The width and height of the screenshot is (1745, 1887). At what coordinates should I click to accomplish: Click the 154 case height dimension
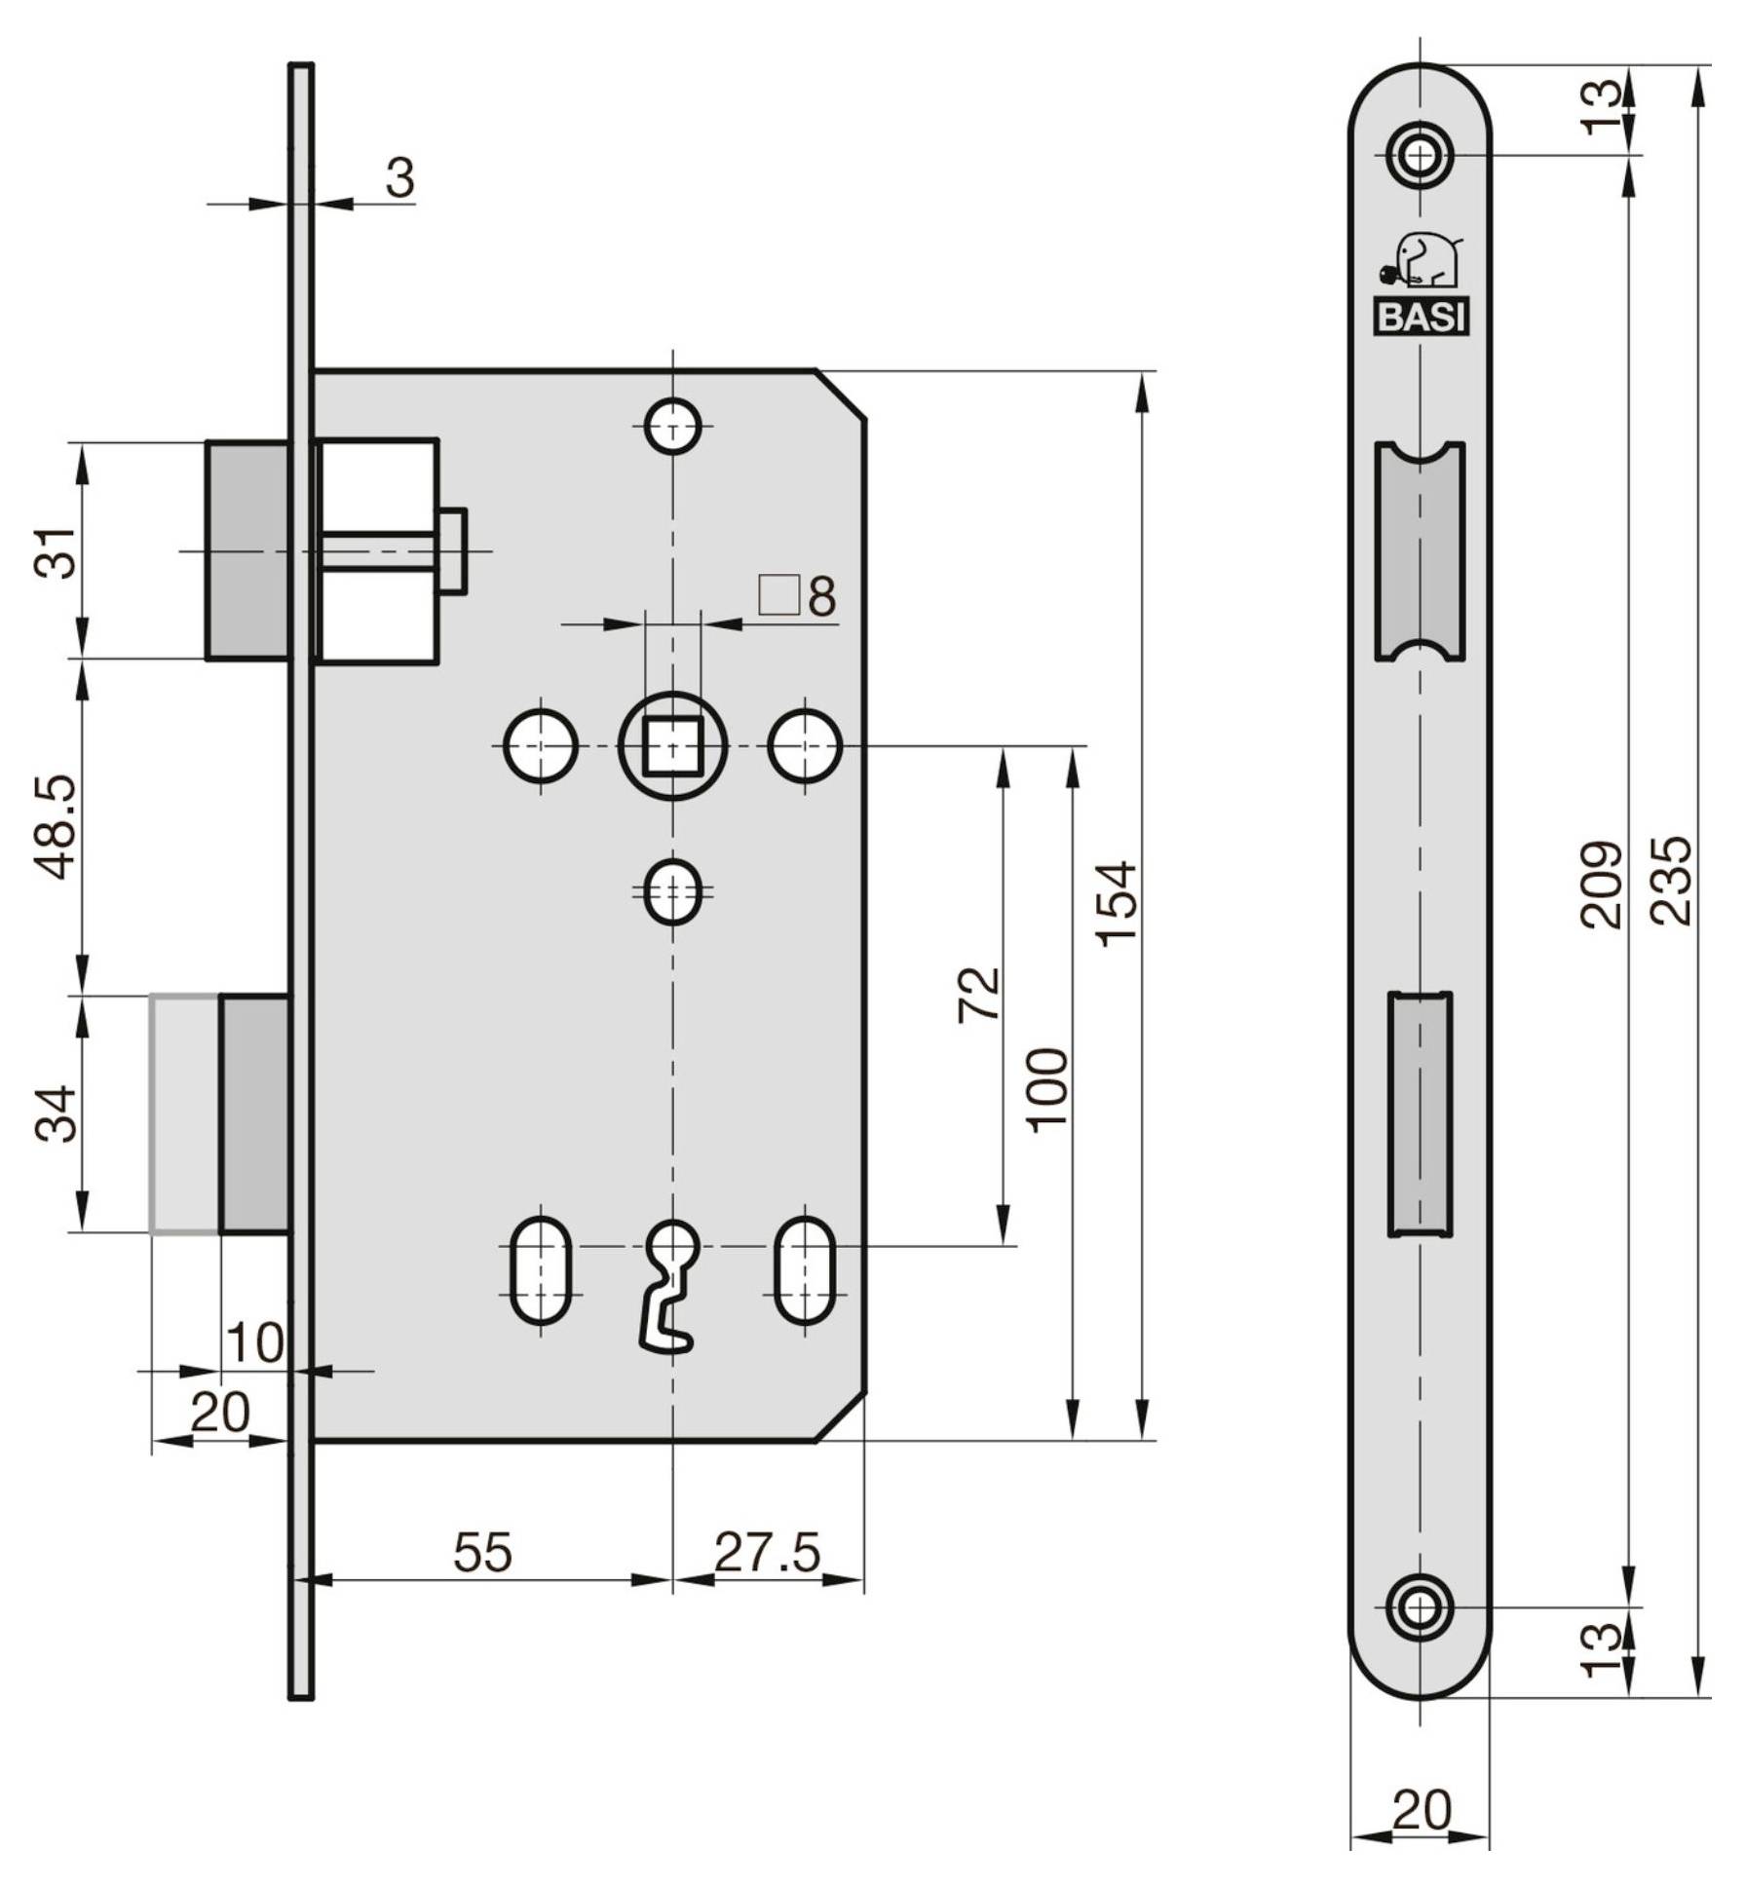[x=1117, y=902]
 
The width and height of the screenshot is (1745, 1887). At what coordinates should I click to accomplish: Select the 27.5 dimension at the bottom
[x=768, y=1552]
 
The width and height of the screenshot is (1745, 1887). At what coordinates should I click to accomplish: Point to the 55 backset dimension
[x=482, y=1552]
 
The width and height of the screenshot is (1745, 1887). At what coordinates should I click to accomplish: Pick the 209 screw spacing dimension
[x=1601, y=884]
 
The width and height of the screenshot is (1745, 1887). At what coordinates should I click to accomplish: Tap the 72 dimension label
[x=979, y=994]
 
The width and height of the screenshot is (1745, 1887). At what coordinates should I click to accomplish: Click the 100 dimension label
[x=1048, y=1089]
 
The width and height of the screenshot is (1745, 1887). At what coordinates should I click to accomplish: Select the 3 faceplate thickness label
[x=400, y=178]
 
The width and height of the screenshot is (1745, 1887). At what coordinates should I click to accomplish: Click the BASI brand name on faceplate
[x=1421, y=317]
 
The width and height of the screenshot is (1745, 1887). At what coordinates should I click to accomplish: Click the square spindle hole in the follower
[x=672, y=745]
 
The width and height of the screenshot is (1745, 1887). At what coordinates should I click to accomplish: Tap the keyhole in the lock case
[x=670, y=1286]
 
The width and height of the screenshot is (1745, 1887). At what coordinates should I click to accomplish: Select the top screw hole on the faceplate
[x=1420, y=154]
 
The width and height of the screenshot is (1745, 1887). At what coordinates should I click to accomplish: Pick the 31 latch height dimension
[x=57, y=551]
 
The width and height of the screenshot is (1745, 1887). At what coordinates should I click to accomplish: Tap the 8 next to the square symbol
[x=821, y=597]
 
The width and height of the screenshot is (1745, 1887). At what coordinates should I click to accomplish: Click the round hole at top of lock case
[x=672, y=426]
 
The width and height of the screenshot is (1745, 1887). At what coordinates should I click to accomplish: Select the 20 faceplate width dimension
[x=1421, y=1811]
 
